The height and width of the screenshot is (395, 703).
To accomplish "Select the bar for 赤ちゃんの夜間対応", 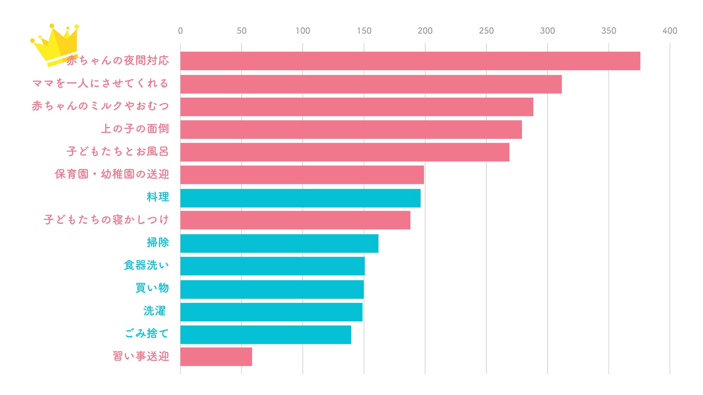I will pos(410,61).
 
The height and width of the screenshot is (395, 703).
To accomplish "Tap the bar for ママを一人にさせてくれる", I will pos(371,84).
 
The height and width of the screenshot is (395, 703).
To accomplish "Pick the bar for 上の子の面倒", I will pos(351,129).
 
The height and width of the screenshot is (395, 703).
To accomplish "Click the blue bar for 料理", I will pos(300,198).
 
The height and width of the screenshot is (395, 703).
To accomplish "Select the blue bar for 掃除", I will pos(279,243).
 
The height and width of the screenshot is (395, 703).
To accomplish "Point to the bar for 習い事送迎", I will pos(216,356).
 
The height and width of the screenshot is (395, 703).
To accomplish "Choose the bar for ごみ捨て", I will pos(265,334).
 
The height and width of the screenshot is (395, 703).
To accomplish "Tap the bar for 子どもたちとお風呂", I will pos(345,152).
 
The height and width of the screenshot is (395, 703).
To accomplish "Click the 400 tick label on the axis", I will pos(669,31).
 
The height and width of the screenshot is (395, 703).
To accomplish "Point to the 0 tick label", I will pos(180,31).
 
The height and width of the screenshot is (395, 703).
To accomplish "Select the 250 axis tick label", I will pos(486,31).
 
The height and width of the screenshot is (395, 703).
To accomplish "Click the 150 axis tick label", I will pos(364,31).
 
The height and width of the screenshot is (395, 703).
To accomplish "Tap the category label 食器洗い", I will pos(146,265).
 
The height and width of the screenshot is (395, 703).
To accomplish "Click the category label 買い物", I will pos(152,288).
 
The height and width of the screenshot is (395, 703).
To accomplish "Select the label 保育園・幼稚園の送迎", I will pos(112,174).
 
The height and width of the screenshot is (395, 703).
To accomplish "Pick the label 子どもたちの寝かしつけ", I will pos(106,219).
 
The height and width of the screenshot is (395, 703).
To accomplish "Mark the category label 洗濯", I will pos(154,311).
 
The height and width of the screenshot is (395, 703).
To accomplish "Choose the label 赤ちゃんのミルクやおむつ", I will pos(100,106).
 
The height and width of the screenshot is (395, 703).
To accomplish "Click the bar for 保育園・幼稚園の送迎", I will pos(302,175).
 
